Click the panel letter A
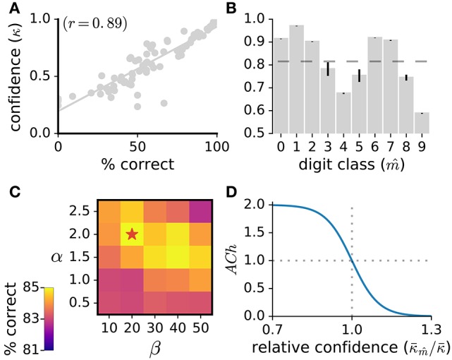coord(8,8)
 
